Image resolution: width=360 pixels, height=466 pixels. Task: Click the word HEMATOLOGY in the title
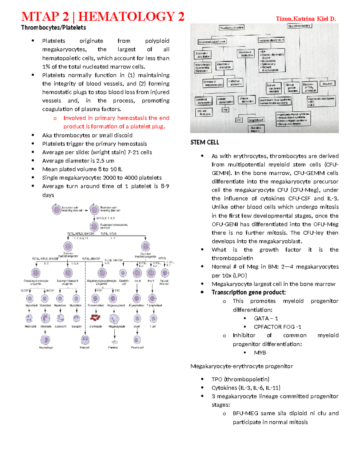[x=126, y=17]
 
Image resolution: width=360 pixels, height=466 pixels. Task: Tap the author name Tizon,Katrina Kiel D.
[x=306, y=19]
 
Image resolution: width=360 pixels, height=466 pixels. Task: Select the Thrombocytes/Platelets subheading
[x=53, y=28]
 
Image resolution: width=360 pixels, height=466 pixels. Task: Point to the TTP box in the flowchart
[x=225, y=110]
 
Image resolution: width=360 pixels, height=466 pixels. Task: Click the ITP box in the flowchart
[x=239, y=120]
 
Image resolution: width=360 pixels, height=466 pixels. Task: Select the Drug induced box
[x=256, y=120]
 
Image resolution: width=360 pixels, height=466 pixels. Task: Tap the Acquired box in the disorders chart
[x=327, y=84]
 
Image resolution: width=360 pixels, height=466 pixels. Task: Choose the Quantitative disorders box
[x=232, y=28]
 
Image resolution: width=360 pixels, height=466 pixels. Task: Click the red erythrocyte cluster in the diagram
[x=95, y=317]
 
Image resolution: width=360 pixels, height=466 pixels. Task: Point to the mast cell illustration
[x=85, y=340]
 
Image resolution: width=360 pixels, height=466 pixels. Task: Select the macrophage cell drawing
[x=45, y=340]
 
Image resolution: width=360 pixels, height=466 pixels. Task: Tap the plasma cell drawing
[x=137, y=340]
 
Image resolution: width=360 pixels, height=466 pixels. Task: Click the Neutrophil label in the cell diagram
[x=30, y=326]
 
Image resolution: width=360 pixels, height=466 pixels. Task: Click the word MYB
[x=260, y=353]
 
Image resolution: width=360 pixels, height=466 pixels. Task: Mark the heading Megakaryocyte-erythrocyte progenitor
[x=241, y=366]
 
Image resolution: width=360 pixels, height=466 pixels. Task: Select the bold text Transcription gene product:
[x=249, y=292]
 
